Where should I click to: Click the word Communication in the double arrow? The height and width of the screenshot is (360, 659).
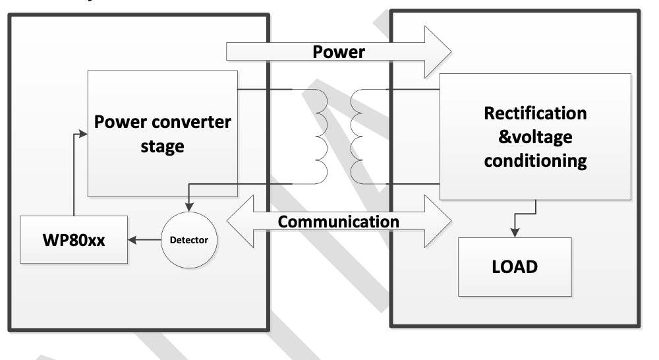[338, 221]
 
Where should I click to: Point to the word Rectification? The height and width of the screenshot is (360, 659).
[534, 113]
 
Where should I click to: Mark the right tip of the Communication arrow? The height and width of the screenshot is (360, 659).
[450, 222]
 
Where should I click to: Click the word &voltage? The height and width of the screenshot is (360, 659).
[534, 137]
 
